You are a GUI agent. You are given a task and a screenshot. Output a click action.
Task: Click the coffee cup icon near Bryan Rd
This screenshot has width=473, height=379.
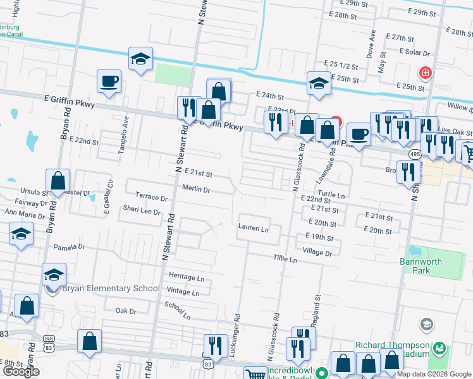(x=109, y=81)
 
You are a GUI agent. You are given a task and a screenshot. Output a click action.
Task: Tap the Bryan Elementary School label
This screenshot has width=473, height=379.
(x=111, y=289)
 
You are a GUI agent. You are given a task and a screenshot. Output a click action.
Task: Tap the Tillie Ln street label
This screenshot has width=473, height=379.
(x=285, y=260)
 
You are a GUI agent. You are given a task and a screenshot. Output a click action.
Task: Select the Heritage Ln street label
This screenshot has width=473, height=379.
(x=187, y=277)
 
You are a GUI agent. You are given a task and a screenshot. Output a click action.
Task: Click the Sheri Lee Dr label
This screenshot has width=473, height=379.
(x=142, y=211)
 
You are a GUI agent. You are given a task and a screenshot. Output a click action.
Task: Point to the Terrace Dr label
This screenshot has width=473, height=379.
(x=151, y=198)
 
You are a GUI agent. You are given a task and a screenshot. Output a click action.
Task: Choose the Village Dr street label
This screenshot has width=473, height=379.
(x=317, y=252)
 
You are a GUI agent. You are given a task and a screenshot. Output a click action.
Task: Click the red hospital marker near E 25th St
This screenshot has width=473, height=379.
(x=425, y=73)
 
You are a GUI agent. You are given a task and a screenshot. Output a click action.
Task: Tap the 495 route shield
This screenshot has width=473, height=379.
(x=415, y=153)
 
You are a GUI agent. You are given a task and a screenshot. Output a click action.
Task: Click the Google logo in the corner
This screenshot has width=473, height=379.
(x=21, y=371)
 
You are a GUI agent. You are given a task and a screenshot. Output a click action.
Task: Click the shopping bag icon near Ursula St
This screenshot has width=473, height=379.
(x=58, y=180)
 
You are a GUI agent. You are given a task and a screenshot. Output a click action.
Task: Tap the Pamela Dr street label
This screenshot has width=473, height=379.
(x=69, y=247)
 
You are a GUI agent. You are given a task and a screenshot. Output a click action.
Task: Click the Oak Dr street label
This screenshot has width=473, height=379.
(x=126, y=311)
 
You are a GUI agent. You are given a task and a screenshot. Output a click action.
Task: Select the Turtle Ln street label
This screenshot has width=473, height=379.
(x=331, y=195)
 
